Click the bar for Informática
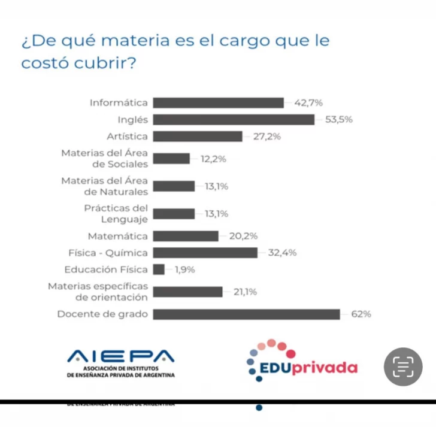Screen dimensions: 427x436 click(218, 103)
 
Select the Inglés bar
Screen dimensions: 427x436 click(234, 120)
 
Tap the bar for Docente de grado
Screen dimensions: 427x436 click(246, 314)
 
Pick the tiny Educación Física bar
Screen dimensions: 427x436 click(159, 269)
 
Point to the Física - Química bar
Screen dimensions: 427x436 click(205, 253)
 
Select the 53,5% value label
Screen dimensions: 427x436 click(339, 120)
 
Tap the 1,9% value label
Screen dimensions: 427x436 click(185, 269)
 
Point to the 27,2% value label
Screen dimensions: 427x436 click(267, 137)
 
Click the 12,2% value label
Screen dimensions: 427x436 click(214, 159)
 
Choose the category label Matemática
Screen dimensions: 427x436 click(117, 236)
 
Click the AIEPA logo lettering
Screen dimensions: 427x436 click(121, 357)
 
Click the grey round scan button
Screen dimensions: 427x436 click(403, 367)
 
